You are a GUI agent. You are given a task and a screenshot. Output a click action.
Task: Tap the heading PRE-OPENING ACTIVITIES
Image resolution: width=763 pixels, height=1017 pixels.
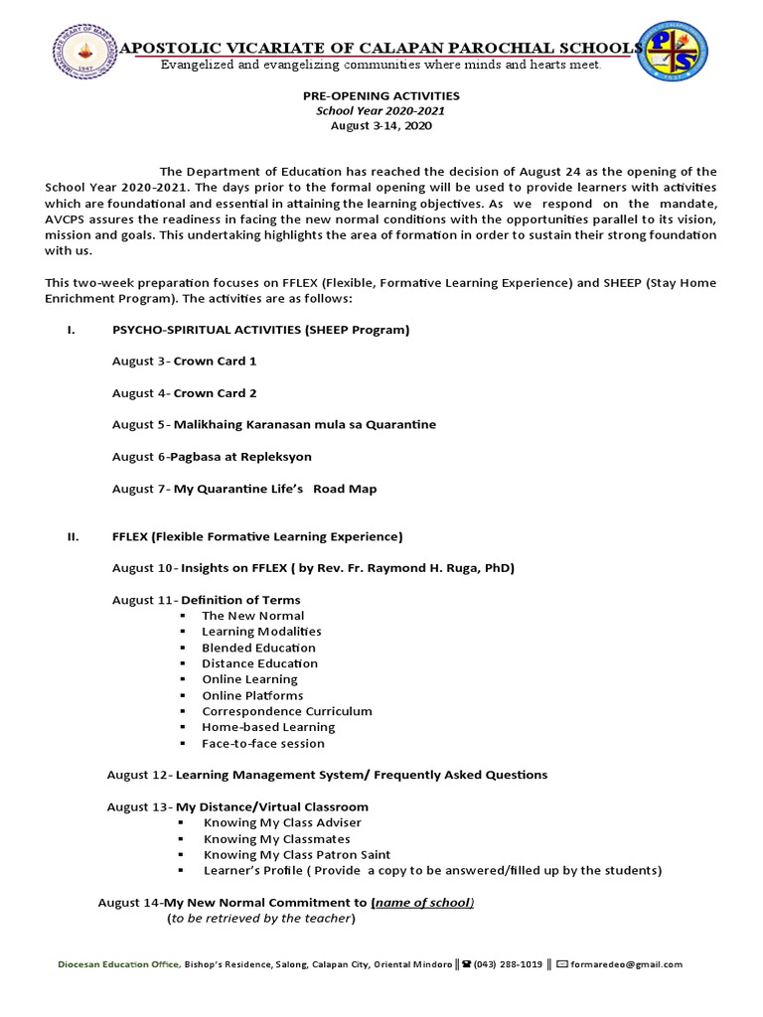point(382,95)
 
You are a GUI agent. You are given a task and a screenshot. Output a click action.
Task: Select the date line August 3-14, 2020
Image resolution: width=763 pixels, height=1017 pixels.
point(382,126)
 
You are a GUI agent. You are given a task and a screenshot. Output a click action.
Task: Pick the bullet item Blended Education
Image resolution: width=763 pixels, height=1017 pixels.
point(258,648)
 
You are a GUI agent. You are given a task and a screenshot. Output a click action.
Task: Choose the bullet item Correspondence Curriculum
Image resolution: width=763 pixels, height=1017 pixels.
point(286,711)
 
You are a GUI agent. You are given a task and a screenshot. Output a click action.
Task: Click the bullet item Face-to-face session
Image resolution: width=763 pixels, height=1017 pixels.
point(262,743)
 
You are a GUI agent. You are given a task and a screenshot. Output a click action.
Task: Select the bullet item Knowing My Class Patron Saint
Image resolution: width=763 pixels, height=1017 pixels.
point(296,854)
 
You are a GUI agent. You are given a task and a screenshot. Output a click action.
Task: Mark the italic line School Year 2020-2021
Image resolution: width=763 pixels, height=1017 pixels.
point(382,111)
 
